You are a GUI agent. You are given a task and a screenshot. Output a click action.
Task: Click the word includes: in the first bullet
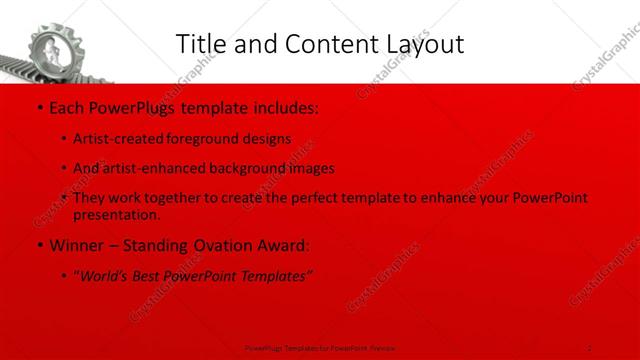282,106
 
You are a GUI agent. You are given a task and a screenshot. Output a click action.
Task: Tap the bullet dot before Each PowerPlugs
38,106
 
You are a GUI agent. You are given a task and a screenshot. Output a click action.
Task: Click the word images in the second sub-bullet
311,168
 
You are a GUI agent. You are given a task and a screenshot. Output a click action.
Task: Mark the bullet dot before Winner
38,244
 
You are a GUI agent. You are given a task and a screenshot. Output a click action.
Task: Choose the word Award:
283,244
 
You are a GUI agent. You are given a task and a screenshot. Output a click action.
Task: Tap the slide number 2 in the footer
590,347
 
